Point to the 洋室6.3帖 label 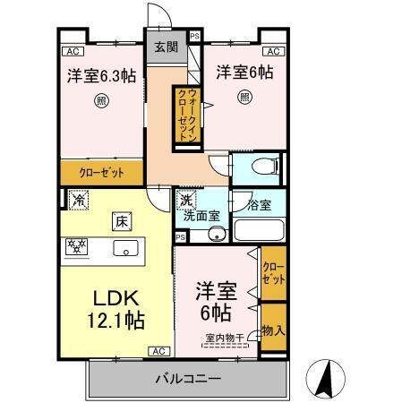(100, 76)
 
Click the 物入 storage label (274, 330)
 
